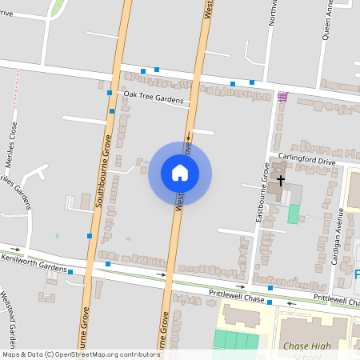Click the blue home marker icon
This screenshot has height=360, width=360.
pos(180,173)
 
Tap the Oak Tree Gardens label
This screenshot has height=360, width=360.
pos(153,101)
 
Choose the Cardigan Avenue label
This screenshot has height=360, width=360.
pos(339,236)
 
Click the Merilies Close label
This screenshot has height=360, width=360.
pos(13,141)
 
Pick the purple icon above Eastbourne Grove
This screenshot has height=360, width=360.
pos(282,97)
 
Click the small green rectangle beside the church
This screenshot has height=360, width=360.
pos(294,214)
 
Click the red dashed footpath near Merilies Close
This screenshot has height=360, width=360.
pos(16,88)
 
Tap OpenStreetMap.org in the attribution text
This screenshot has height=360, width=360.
pos(91,354)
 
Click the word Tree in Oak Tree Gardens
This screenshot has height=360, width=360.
pos(154,101)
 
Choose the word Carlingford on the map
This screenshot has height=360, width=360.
pos(297,161)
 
